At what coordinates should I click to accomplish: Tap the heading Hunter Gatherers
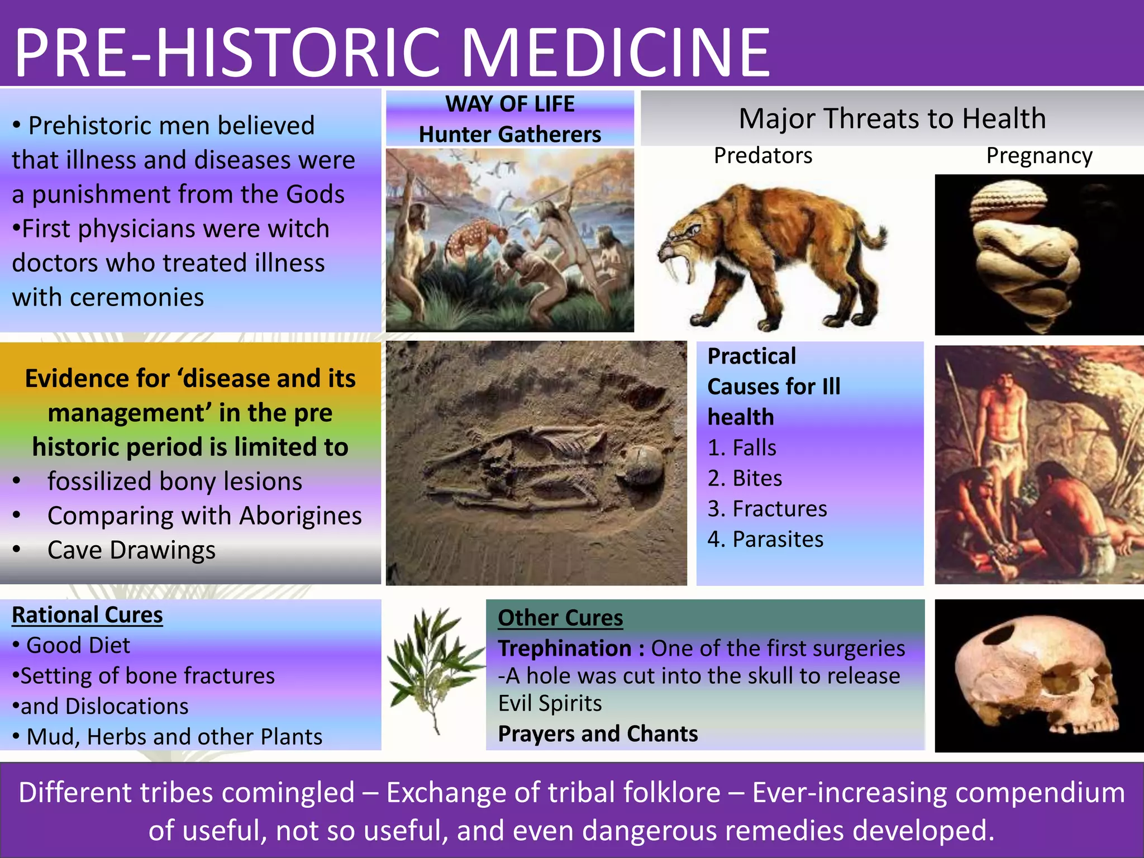click(509, 135)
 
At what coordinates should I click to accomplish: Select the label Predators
click(762, 156)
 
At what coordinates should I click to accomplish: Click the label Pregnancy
click(1039, 156)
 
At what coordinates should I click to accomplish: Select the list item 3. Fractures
click(767, 509)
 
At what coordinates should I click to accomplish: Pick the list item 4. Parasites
click(765, 540)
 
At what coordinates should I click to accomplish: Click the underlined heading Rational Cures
click(87, 615)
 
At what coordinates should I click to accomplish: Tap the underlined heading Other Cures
click(560, 618)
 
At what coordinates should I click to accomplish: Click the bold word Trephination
click(565, 649)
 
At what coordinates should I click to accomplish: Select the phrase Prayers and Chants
click(598, 734)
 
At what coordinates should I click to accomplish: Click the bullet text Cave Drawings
click(131, 550)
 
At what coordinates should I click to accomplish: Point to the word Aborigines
click(301, 516)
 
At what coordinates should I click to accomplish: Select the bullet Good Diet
click(78, 646)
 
